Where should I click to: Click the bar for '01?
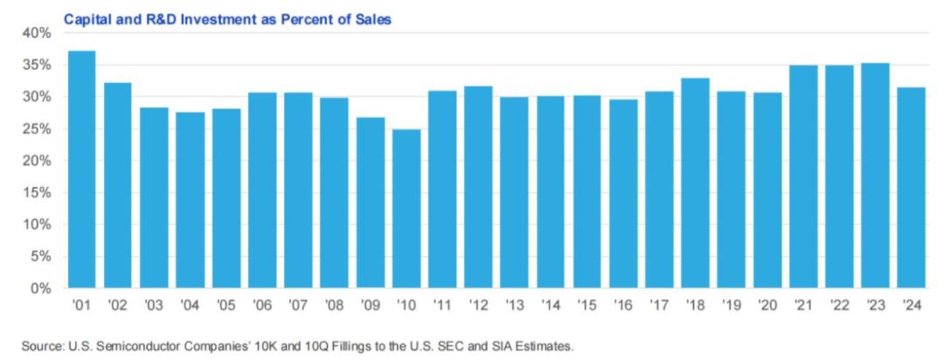82,170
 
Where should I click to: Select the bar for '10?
407,209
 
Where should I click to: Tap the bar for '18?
695,183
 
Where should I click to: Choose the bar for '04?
190,200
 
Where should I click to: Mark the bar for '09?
370,203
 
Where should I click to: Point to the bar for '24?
911,188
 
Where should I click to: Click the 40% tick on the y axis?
38,33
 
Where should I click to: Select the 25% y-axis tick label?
38,129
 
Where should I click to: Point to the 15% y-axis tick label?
38,193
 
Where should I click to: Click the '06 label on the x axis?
262,305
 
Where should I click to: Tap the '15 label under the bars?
587,305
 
